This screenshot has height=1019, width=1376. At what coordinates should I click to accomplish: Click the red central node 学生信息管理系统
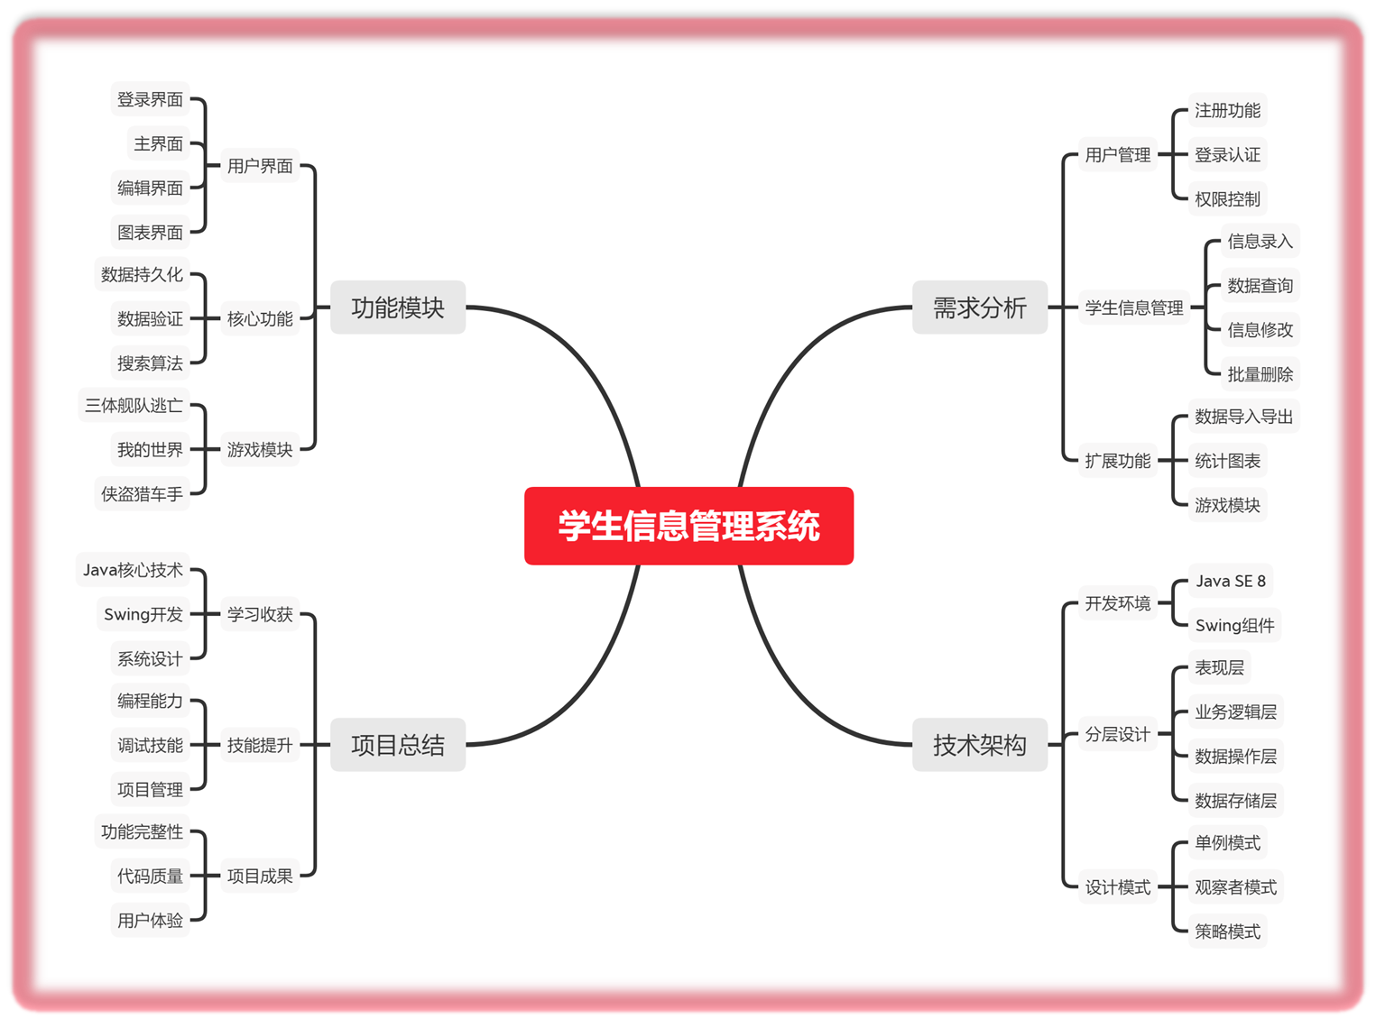click(x=688, y=526)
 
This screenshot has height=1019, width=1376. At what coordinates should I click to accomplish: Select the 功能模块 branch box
click(x=398, y=308)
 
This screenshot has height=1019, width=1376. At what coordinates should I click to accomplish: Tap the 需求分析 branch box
click(x=979, y=308)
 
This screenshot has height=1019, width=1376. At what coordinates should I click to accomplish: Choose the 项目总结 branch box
click(x=398, y=745)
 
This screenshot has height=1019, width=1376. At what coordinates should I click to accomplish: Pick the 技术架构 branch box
click(x=979, y=745)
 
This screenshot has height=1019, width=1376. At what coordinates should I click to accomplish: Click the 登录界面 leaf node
click(x=150, y=99)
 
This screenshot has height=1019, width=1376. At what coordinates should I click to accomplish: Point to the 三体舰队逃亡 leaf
click(x=134, y=406)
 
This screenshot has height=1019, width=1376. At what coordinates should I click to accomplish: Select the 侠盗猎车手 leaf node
click(x=142, y=494)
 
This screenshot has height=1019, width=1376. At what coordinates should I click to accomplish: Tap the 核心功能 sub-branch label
click(x=260, y=318)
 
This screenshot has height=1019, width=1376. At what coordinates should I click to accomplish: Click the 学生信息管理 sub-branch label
click(x=1134, y=308)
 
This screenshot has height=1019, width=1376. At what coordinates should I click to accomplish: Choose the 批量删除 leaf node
click(x=1260, y=373)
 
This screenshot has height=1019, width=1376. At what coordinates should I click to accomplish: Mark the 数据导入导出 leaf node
click(x=1243, y=417)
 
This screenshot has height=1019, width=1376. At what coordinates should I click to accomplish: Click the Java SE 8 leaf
click(x=1231, y=582)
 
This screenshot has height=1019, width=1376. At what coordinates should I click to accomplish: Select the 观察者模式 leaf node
click(x=1235, y=887)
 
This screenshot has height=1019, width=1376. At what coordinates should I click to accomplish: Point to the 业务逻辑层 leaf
click(x=1235, y=712)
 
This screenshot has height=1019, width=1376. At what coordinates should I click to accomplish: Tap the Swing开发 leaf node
click(x=143, y=614)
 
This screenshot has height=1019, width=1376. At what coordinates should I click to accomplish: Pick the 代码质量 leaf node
click(x=150, y=876)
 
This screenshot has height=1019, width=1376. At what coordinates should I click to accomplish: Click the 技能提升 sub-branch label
click(x=260, y=745)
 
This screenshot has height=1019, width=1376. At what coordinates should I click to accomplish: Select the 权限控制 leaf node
click(x=1227, y=198)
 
